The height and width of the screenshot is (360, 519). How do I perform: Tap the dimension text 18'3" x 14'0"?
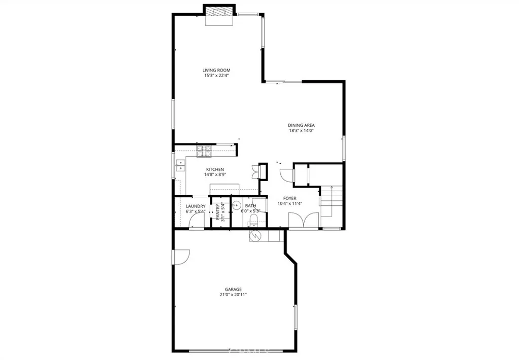point(302,130)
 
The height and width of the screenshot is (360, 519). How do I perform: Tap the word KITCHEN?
point(215,169)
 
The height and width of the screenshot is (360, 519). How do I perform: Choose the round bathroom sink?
point(236,206)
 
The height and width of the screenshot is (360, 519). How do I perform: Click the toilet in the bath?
point(254,220)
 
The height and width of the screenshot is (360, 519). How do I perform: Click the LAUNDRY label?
point(196,206)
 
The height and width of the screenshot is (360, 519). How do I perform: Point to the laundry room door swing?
point(198,221)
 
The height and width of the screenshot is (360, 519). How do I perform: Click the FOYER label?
point(289,198)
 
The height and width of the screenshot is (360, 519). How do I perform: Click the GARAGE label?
point(233,290)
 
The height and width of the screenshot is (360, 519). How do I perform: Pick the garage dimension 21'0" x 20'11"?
point(233,295)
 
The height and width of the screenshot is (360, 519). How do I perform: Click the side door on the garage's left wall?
point(180,257)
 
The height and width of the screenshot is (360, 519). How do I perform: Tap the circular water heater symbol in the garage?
point(255,236)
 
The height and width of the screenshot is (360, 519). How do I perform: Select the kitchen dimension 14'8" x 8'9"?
point(215,174)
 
